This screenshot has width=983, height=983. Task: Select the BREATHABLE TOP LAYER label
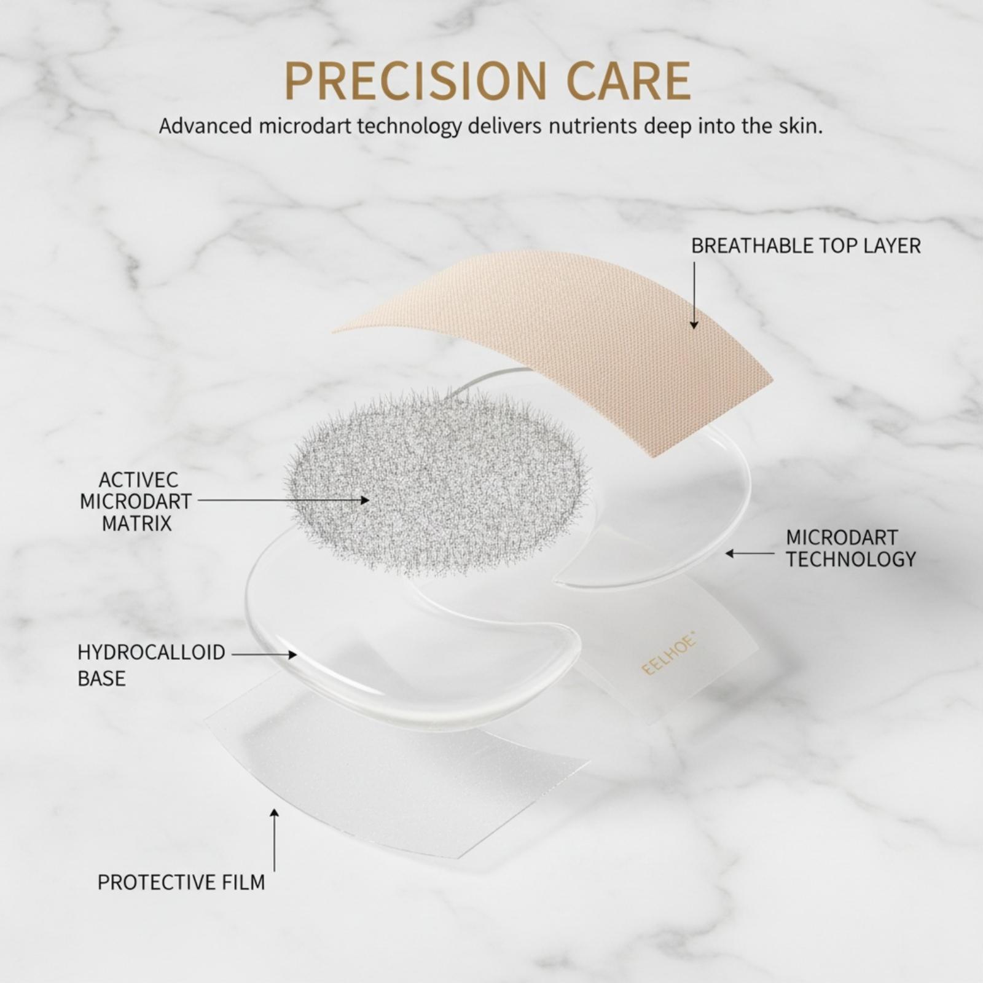pos(806,246)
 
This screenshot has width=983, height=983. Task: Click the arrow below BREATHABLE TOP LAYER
pos(694,296)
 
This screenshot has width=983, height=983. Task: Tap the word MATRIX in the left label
pos(136,524)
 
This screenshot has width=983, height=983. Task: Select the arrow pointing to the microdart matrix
pos(283,501)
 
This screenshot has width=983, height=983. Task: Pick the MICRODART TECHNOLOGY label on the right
pos(851,548)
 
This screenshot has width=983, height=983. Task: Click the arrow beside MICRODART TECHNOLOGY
pos(750,554)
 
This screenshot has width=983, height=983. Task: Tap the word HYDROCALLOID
pos(151,652)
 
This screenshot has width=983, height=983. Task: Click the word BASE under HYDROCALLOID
pos(101,678)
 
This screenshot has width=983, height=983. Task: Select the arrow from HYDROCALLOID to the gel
pos(264,655)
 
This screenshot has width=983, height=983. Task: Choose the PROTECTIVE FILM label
pos(181,882)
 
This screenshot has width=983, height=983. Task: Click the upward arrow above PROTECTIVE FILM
pos(275,840)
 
